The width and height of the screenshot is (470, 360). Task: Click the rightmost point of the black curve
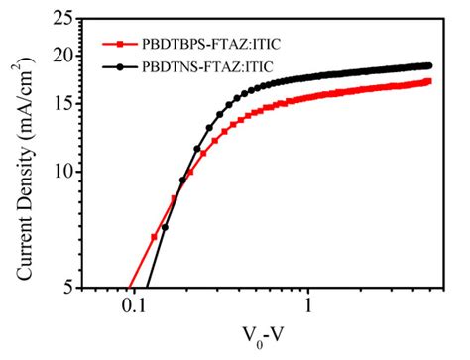pyautogui.click(x=429, y=65)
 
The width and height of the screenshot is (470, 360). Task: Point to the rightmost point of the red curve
pyautogui.click(x=429, y=81)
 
